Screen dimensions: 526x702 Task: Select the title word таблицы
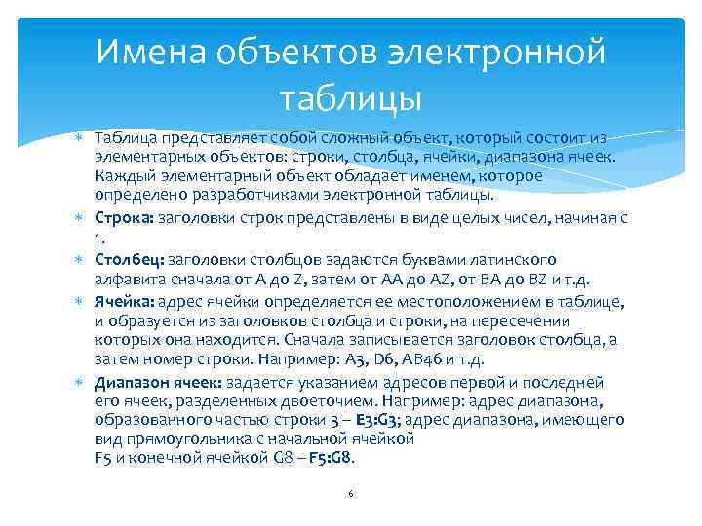pyautogui.click(x=350, y=98)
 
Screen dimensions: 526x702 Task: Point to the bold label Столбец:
pyautogui.click(x=130, y=260)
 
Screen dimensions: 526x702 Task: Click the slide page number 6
pyautogui.click(x=350, y=494)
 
